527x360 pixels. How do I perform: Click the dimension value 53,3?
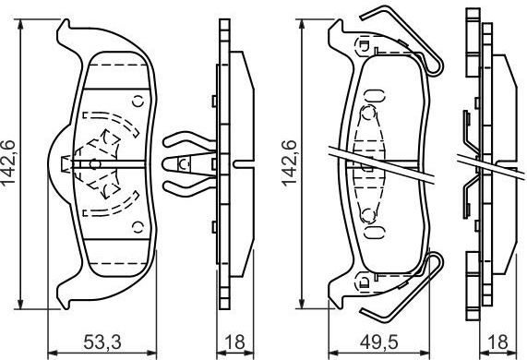pyautogui.click(x=102, y=342)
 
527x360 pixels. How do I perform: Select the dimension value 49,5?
pyautogui.click(x=378, y=342)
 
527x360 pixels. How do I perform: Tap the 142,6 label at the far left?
pyautogui.click(x=8, y=162)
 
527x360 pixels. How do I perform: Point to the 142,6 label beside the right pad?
pyautogui.click(x=289, y=162)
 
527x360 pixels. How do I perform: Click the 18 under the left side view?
pyautogui.click(x=235, y=342)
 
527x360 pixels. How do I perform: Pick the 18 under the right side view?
pyautogui.click(x=498, y=342)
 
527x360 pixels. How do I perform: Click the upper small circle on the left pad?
pyautogui.click(x=138, y=101)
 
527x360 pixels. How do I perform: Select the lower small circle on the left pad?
pyautogui.click(x=138, y=227)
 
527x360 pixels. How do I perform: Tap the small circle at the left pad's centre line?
pyautogui.click(x=95, y=164)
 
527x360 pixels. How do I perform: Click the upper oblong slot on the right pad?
pyautogui.click(x=375, y=96)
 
